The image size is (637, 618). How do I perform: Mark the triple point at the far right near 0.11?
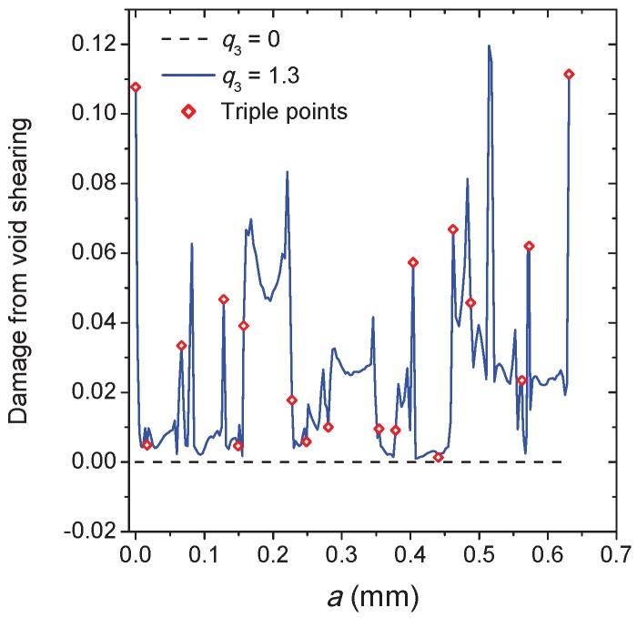tap(570, 75)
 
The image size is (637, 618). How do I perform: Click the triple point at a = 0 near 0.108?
tap(136, 87)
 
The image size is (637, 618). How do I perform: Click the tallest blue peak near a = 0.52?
tap(489, 46)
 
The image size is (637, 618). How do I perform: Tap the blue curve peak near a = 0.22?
tap(288, 171)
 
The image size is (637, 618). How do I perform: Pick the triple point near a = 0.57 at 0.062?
tap(529, 246)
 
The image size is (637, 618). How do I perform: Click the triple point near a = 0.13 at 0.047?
tap(224, 299)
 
